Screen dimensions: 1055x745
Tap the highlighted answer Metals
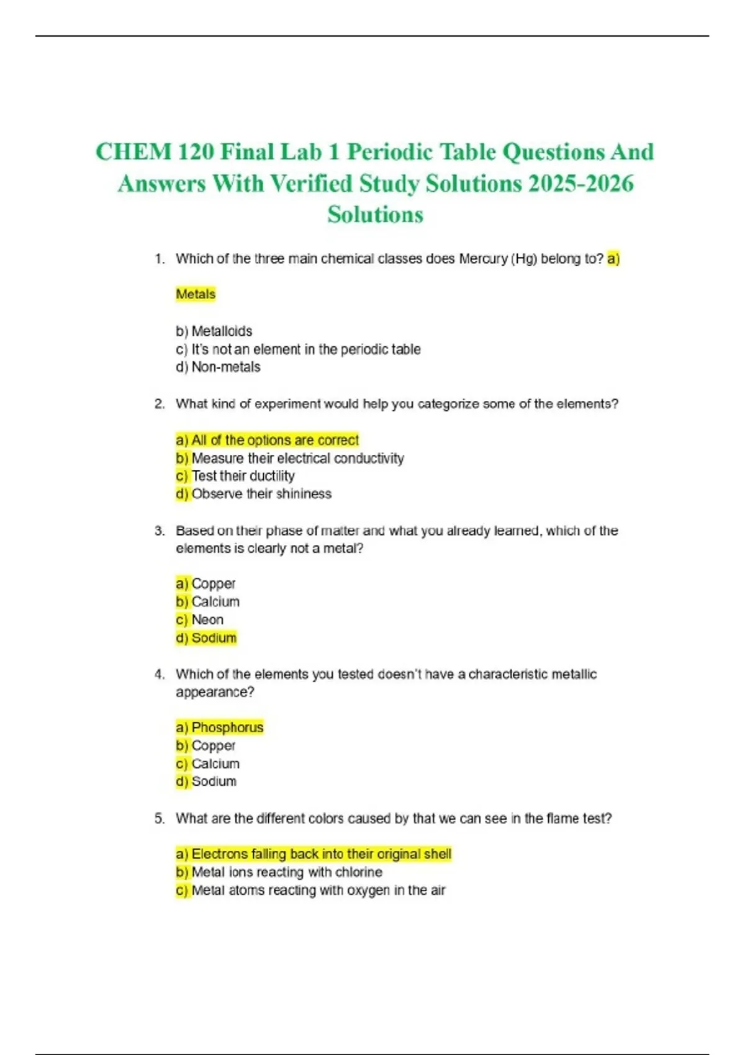click(196, 294)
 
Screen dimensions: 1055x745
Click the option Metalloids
click(222, 331)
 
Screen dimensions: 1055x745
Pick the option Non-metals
click(226, 367)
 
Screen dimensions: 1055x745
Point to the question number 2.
click(160, 404)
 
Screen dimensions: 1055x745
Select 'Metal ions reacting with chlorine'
click(287, 872)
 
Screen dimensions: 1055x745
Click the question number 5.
click(160, 819)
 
